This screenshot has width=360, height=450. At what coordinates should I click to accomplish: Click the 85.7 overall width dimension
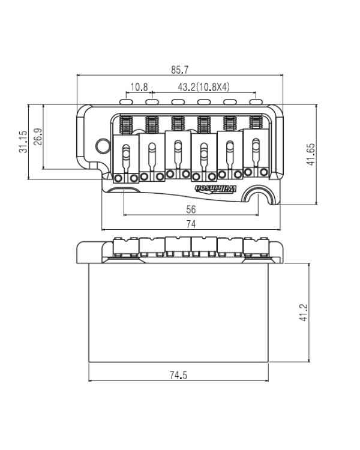click(x=180, y=70)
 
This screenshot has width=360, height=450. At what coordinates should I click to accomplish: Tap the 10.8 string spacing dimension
click(x=139, y=86)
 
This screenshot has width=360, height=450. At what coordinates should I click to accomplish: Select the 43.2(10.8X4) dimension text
click(x=204, y=86)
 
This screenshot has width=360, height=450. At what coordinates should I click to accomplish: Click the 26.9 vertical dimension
click(x=38, y=136)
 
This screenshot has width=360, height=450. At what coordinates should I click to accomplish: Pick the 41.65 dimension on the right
click(x=311, y=154)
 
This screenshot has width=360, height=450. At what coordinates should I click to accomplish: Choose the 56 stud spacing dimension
click(x=191, y=209)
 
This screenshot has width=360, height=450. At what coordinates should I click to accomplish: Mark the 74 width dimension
click(x=191, y=224)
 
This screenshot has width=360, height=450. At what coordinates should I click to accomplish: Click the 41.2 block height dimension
click(x=303, y=313)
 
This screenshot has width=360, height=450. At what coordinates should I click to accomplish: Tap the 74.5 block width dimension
click(x=178, y=375)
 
